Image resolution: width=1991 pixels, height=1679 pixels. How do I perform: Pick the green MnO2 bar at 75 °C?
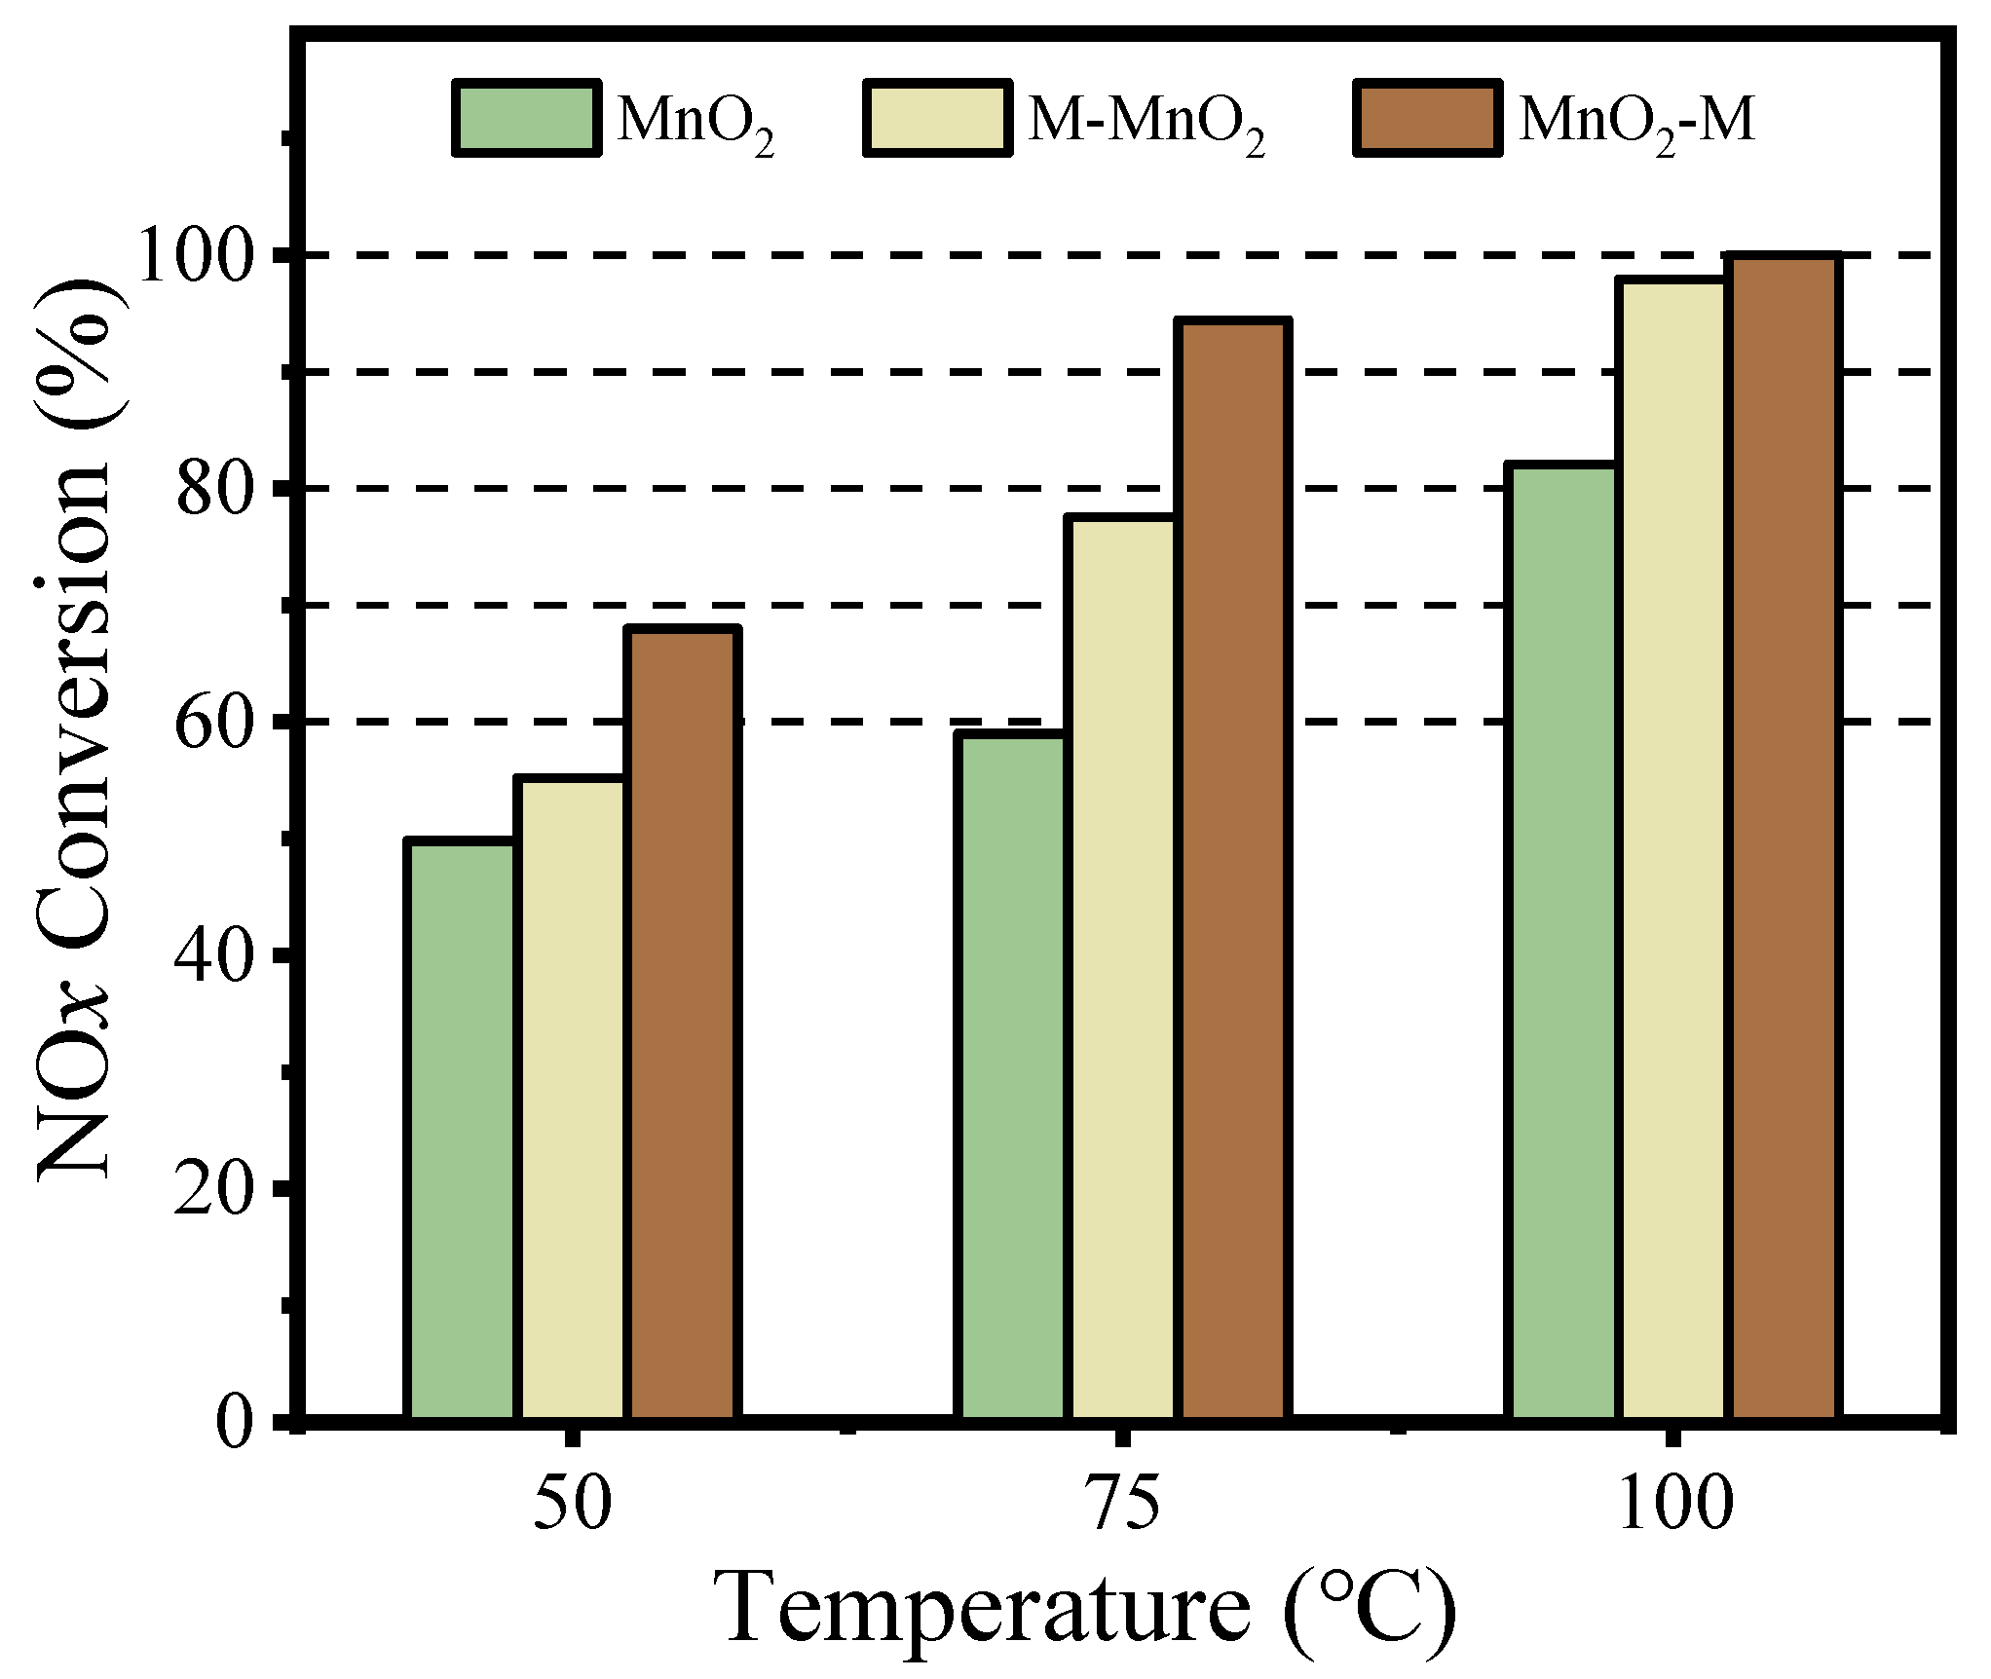coord(1011,1076)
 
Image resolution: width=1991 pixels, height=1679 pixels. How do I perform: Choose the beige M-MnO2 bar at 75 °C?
coord(1121,968)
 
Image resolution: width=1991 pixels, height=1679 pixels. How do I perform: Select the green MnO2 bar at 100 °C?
coord(1561,941)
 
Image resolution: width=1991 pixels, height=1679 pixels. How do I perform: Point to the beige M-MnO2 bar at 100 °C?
coord(1672,848)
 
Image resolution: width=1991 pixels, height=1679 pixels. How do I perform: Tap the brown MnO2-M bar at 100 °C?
coord(1784,837)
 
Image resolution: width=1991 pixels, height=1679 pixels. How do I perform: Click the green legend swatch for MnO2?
coord(526,118)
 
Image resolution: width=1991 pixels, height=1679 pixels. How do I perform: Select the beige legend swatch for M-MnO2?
coord(937,118)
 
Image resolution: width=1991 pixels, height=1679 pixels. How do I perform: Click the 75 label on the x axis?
coord(1123,1503)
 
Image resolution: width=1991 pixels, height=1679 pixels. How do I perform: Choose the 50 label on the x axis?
coord(573,1503)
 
